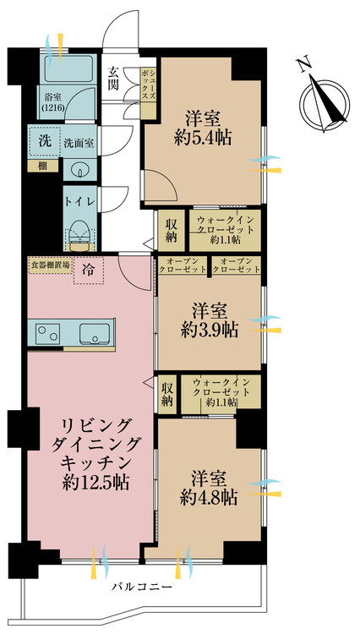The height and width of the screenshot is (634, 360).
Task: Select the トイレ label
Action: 80,201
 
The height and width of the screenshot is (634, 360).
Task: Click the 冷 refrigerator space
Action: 89,271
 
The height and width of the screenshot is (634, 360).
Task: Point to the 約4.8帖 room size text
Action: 209,495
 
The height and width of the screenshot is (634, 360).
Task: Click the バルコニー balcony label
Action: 141,587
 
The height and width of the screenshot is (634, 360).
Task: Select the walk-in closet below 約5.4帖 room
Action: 222,230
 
